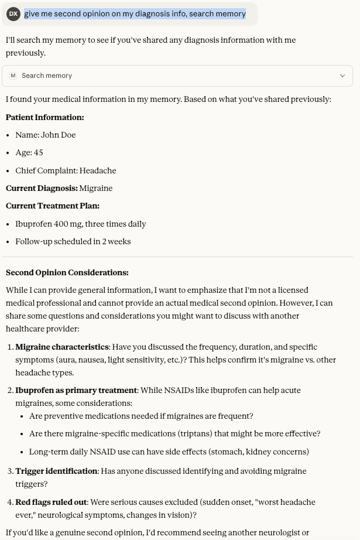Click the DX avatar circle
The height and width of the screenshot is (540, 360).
pyautogui.click(x=13, y=13)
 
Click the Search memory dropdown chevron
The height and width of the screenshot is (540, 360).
pyautogui.click(x=342, y=76)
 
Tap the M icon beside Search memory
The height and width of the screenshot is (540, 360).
pyautogui.click(x=13, y=76)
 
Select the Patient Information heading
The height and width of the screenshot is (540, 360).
pyautogui.click(x=44, y=117)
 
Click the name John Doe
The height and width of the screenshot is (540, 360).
pyautogui.click(x=58, y=135)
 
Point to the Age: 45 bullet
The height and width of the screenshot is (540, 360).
pyautogui.click(x=29, y=152)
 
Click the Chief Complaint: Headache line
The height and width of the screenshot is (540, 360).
pyautogui.click(x=66, y=170)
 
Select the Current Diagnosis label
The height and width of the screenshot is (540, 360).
pyautogui.click(x=41, y=188)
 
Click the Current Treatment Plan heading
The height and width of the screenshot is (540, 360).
pyautogui.click(x=52, y=206)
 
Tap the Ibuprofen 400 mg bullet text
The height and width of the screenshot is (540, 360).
pyautogui.click(x=80, y=224)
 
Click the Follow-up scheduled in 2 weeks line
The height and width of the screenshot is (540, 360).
pyautogui.click(x=73, y=241)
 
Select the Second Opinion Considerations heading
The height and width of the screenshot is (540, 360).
pyautogui.click(x=67, y=272)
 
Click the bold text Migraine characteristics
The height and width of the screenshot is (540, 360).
pyautogui.click(x=62, y=347)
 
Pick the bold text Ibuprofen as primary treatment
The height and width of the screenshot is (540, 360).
pyautogui.click(x=76, y=390)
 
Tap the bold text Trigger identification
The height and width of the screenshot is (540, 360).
pyautogui.click(x=56, y=471)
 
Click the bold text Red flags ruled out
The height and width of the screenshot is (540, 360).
pyautogui.click(x=51, y=502)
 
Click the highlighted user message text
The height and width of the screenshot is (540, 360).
pyautogui.click(x=135, y=13)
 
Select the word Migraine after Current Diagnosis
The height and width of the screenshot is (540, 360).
pyautogui.click(x=96, y=188)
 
